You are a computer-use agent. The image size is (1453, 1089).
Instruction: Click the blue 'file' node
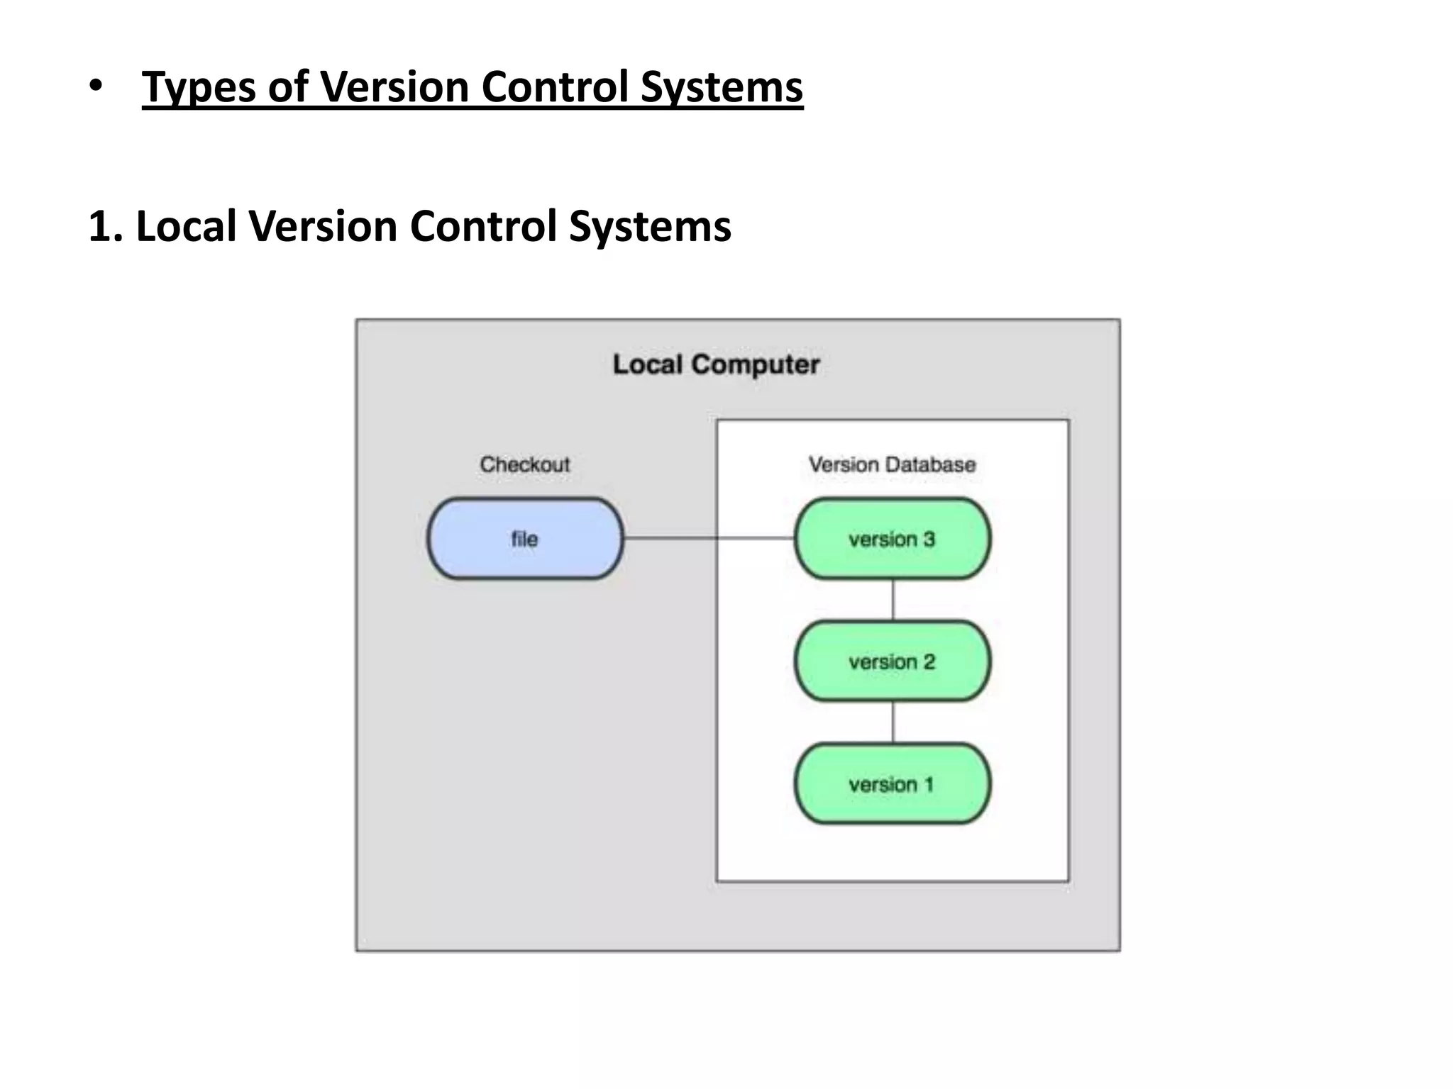click(525, 539)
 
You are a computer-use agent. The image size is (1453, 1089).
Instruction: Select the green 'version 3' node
click(892, 539)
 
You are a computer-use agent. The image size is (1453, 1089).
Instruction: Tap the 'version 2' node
click(892, 661)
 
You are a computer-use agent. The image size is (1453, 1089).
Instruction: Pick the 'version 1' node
click(892, 784)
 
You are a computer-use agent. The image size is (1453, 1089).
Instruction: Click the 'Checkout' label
click(525, 464)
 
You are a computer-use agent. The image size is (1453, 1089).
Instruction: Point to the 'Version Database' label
click(892, 464)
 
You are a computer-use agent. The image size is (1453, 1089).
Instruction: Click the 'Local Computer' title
click(716, 364)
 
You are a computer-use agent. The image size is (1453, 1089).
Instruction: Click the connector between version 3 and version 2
click(893, 600)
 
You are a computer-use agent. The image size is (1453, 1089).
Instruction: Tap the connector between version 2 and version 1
click(893, 722)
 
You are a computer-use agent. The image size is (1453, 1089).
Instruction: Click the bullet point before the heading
click(96, 86)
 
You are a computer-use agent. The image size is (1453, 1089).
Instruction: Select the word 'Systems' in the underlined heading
click(722, 88)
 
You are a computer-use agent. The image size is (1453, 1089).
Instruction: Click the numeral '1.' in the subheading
click(106, 227)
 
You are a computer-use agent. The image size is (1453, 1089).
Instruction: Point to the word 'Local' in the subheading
click(186, 227)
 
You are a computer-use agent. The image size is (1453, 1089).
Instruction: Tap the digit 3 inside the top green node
click(929, 539)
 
